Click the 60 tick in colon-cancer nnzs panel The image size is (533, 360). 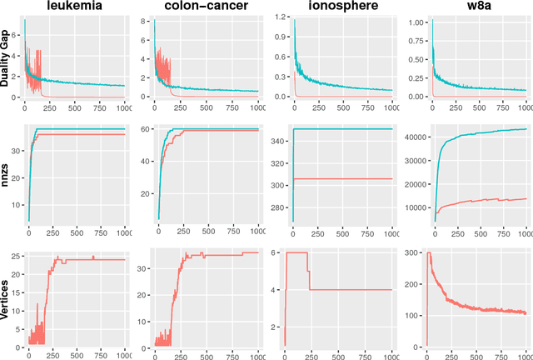(144, 130)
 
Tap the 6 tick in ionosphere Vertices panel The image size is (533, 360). (279, 252)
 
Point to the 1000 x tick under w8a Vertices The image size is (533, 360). (523, 356)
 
